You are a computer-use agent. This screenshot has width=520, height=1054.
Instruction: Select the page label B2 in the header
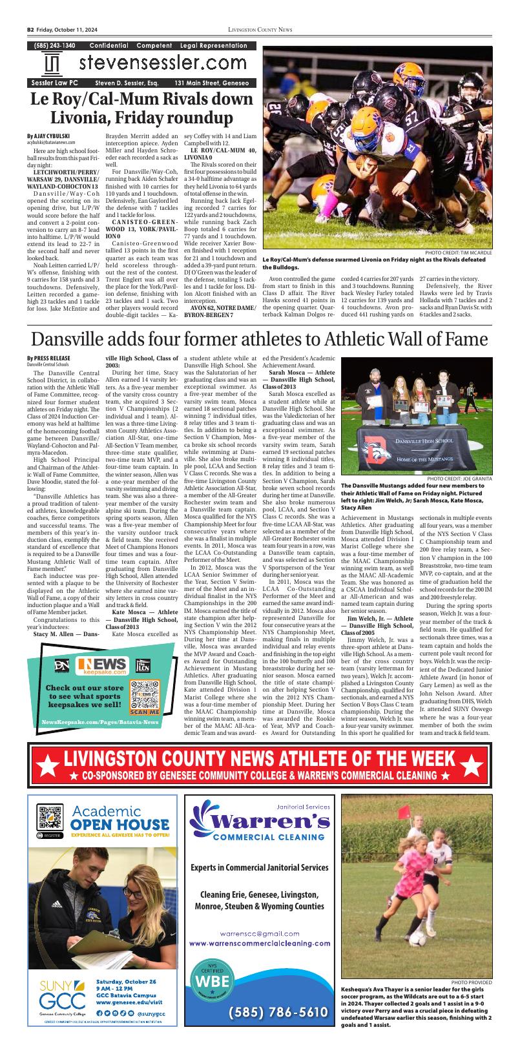click(x=30, y=30)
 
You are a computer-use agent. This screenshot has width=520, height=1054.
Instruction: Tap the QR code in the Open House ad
click(x=48, y=817)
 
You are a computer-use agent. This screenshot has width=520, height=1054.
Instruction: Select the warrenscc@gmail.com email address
click(x=260, y=933)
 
